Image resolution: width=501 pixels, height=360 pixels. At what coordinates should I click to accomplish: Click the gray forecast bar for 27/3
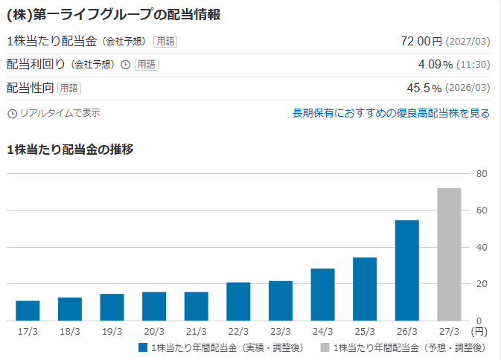[x=449, y=254]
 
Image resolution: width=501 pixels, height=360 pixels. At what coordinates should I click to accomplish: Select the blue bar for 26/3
[x=406, y=270]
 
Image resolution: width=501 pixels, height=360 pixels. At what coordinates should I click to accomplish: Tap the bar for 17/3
[x=28, y=310]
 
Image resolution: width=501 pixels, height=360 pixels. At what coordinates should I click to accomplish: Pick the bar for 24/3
[x=323, y=295]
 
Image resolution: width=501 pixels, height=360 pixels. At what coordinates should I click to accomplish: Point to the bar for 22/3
[x=238, y=301]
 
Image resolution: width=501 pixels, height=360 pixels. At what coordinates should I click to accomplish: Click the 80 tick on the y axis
[x=482, y=174]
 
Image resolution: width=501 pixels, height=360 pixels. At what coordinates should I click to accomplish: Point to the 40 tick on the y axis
[x=482, y=248]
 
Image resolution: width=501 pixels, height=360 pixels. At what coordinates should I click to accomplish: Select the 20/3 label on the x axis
[x=154, y=332]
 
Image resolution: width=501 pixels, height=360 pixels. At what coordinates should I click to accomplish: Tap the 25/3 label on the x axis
[x=365, y=332]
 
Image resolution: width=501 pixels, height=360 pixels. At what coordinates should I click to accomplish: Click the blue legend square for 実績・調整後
[x=143, y=347]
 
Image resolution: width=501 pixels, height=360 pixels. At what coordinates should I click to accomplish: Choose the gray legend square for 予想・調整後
[x=325, y=347]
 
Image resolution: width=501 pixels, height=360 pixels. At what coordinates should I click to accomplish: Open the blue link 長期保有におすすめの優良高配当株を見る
[x=391, y=113]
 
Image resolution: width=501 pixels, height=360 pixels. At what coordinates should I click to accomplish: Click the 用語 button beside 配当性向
[x=69, y=89]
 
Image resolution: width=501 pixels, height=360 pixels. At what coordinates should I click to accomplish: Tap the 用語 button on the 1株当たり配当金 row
[x=165, y=42]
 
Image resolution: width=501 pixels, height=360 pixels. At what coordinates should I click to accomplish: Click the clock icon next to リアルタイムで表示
[x=12, y=114]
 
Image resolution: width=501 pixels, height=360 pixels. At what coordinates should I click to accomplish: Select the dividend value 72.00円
[x=421, y=41]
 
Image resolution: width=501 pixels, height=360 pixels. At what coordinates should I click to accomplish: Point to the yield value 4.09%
[x=435, y=65]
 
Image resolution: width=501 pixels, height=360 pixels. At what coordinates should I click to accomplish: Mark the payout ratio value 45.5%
[x=424, y=88]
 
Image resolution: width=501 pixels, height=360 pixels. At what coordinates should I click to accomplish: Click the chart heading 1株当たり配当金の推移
[x=70, y=150]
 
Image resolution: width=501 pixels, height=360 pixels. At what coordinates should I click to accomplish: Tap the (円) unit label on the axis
[x=479, y=332]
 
